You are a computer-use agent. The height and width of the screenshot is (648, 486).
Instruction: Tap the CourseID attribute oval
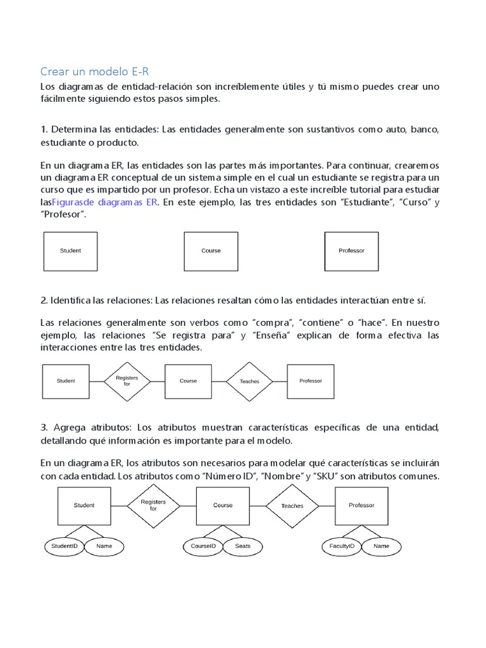pos(203,545)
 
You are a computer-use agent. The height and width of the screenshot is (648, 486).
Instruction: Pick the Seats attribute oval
pos(243,545)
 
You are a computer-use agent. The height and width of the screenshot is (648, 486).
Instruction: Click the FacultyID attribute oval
pos(342,545)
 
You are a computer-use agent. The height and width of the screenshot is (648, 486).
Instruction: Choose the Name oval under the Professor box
pos(382,545)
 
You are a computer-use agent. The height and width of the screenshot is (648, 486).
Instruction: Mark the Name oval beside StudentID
pos(104,545)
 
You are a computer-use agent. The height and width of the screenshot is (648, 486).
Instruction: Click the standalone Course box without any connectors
pos(211,251)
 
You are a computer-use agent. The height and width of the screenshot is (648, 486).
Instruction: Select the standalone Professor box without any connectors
pos(351,251)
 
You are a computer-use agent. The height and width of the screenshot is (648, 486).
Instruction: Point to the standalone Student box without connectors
pos(70,251)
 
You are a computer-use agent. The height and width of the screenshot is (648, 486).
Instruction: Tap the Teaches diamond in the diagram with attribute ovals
pos(292,506)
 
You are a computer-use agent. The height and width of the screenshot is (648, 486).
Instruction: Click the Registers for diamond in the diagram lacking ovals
pos(127,381)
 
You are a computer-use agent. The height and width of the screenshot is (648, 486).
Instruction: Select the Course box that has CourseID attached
pos(223,506)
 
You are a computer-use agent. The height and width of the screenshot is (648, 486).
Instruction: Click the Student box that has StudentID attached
pos(84,506)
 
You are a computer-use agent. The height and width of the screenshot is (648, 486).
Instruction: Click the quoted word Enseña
pos(270,335)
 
